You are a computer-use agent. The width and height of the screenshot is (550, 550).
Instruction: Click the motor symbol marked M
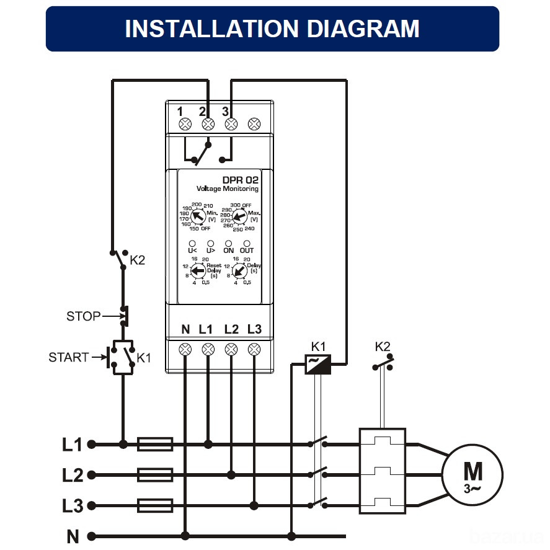[472, 474]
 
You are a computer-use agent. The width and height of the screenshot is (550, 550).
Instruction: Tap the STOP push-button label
[83, 316]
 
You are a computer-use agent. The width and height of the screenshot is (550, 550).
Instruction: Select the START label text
[68, 357]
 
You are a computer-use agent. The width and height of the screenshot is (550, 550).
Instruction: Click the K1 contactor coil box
[317, 365]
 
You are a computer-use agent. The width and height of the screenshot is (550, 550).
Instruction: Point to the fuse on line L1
[154, 444]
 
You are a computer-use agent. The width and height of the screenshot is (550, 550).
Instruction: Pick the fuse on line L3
[154, 506]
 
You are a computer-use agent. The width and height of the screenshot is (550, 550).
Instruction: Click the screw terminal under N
[185, 349]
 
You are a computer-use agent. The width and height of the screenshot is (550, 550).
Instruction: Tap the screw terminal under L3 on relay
[254, 349]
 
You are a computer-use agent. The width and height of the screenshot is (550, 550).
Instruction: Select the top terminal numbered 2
[208, 123]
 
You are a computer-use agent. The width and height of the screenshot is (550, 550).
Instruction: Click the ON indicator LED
[228, 244]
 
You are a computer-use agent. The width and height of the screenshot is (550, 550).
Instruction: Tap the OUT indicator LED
[247, 244]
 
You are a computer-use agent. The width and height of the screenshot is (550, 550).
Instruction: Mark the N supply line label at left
[73, 536]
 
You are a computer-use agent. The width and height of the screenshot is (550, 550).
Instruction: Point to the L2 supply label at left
[73, 475]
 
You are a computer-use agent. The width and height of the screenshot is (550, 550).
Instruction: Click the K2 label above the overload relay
[383, 346]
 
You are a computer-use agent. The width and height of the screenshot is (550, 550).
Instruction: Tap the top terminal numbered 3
[231, 123]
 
